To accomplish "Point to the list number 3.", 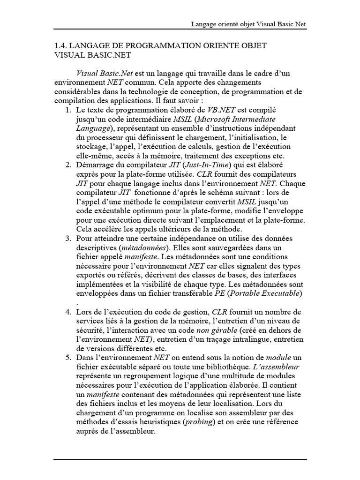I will pos(68,239).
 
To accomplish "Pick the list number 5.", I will pos(68,358).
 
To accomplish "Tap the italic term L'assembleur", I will pos(280,366).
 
